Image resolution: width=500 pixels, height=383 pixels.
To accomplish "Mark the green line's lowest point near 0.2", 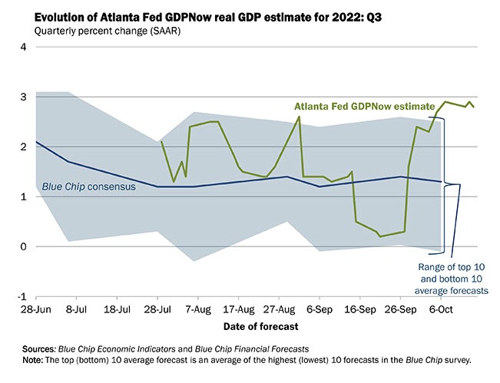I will coord(380,236).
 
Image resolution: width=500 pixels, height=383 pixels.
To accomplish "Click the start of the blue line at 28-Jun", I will coord(37,142).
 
